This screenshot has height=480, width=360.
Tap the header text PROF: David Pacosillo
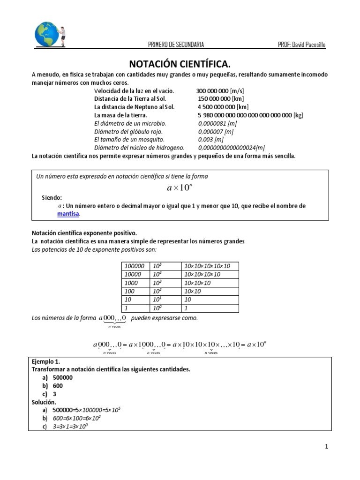click(x=301, y=45)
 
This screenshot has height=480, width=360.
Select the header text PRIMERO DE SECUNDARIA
click(x=176, y=45)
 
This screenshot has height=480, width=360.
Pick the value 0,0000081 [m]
click(x=217, y=123)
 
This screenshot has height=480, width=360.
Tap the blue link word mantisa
click(x=68, y=214)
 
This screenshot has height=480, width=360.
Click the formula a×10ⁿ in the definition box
click(x=180, y=188)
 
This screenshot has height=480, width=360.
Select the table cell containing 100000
click(x=135, y=266)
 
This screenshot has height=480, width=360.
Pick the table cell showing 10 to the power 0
click(x=165, y=308)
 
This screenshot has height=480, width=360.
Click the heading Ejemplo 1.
click(x=46, y=362)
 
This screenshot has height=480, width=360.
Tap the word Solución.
click(x=44, y=402)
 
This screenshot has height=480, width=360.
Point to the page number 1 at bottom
click(x=326, y=447)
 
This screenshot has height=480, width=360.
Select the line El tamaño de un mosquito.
click(x=129, y=140)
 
